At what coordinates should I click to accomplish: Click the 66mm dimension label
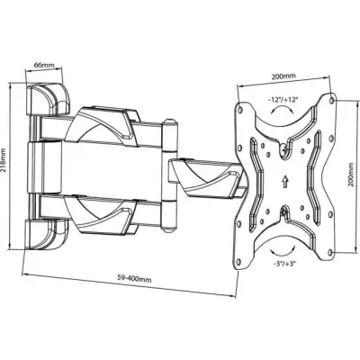pos(42,65)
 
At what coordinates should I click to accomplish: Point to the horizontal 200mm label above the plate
pos(283,76)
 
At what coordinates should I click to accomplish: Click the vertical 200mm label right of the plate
pos(351,175)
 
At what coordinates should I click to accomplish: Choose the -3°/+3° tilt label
pos(284,264)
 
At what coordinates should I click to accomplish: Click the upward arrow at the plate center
pos(284,181)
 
